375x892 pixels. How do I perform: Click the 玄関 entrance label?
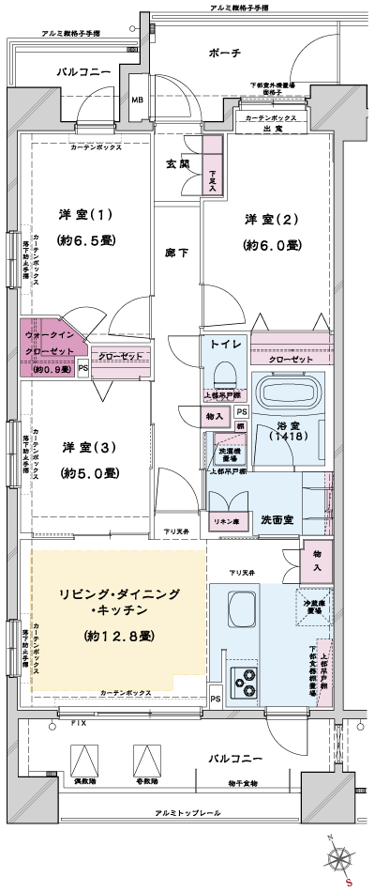[x=178, y=163]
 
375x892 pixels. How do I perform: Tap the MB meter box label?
[x=137, y=100]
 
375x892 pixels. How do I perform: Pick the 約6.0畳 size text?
[x=272, y=245]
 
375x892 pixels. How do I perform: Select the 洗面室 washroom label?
[x=279, y=519]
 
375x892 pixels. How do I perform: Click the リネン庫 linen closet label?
[x=225, y=520]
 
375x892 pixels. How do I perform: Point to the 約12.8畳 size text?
[x=120, y=636]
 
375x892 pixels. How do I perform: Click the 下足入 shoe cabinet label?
[x=213, y=178]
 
